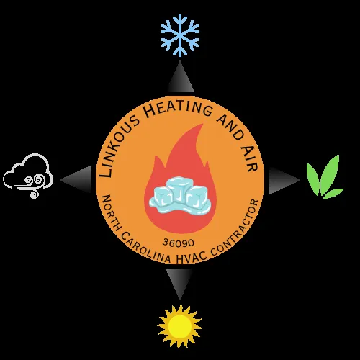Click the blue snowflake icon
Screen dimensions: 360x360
[x=180, y=35]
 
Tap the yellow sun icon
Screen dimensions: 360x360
[x=179, y=326]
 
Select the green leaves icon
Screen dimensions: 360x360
[x=325, y=178]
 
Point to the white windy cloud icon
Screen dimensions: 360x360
[x=28, y=176]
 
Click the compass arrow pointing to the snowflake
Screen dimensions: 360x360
[x=180, y=78]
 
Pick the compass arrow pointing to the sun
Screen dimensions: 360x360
[x=179, y=283]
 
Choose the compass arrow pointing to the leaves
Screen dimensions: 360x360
[x=283, y=180]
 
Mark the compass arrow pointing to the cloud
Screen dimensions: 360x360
[x=77, y=179]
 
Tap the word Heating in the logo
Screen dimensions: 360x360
[x=179, y=109]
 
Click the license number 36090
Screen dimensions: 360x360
[x=179, y=243]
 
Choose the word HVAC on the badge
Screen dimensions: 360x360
[x=189, y=258]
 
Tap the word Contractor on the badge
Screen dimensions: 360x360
[x=235, y=230]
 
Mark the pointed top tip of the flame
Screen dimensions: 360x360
[x=203, y=124]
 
